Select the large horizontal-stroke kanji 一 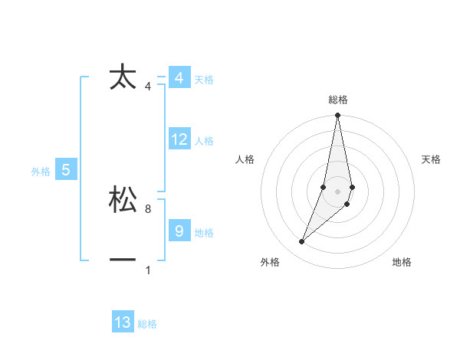123,260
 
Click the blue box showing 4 179,78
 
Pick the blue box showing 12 179,139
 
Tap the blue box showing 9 179,231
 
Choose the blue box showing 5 66,170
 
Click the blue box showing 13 123,322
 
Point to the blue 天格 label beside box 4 204,80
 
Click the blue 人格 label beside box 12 204,141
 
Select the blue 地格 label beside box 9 204,233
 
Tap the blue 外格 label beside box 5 41,172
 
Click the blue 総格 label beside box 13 147,324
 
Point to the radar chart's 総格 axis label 337,100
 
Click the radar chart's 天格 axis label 431,159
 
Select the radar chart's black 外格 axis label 270,262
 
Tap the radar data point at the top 337,116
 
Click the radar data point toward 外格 301,242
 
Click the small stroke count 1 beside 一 147,270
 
